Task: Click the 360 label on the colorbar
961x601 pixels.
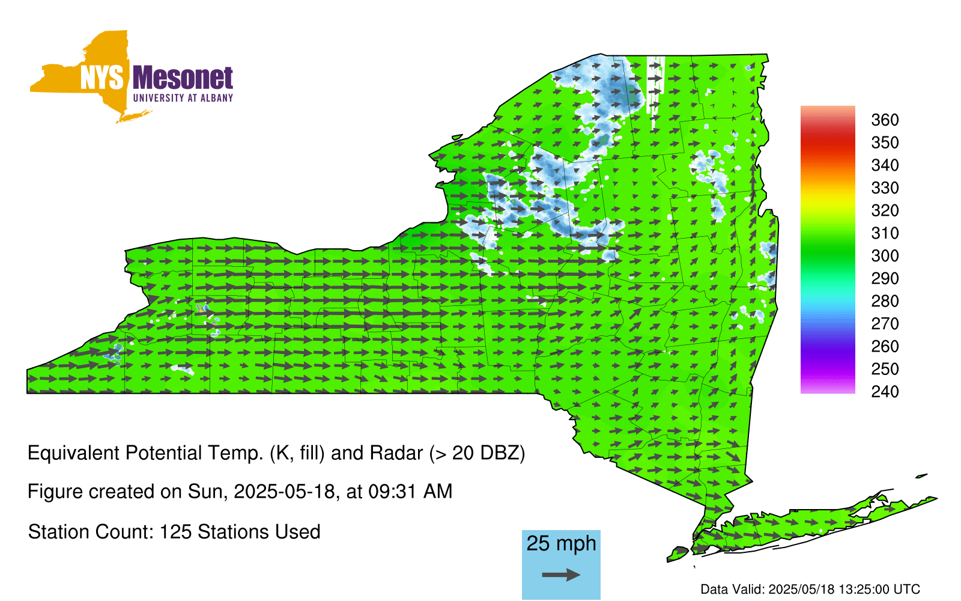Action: point(885,120)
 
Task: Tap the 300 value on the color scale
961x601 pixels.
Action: point(885,256)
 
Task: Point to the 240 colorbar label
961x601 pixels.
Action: point(885,391)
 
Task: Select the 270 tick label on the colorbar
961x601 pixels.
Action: point(885,324)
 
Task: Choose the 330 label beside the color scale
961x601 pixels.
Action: point(885,188)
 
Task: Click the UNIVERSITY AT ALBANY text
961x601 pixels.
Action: point(183,98)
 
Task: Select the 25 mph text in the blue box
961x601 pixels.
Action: point(561,544)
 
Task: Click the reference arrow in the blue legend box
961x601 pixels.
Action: point(561,575)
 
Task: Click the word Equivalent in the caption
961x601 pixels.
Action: point(73,453)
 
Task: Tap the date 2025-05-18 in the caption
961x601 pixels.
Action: point(284,492)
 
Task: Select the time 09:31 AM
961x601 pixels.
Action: point(411,492)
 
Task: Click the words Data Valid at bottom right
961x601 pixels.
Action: point(733,589)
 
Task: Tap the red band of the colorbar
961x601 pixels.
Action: point(828,144)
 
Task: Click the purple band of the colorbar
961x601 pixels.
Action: point(828,356)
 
